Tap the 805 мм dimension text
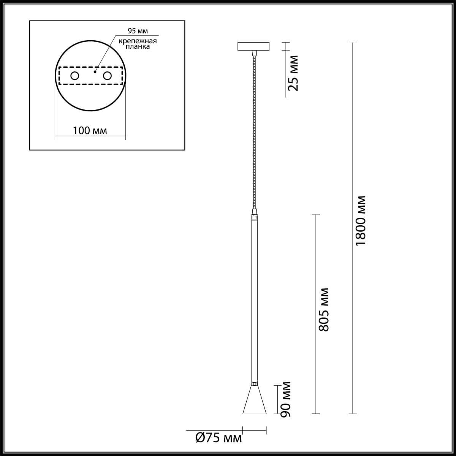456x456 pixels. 324,310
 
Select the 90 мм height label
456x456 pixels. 286,400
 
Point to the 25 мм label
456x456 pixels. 293,73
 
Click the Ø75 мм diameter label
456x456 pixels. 218,438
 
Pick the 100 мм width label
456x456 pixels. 90,131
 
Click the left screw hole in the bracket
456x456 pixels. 74,76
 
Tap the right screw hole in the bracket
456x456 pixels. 108,76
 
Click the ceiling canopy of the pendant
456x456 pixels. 253,46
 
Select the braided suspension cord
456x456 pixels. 253,129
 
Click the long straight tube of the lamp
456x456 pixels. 254,300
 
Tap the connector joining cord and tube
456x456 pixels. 254,214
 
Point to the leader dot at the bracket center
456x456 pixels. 95,71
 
